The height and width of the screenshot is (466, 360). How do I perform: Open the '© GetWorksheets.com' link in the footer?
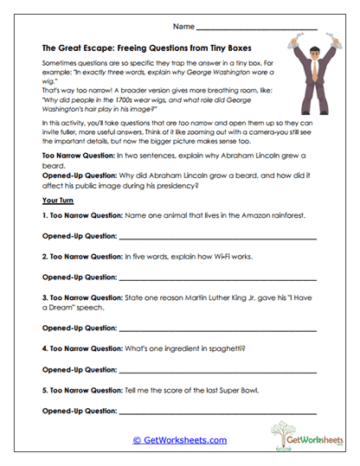click(x=179, y=440)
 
